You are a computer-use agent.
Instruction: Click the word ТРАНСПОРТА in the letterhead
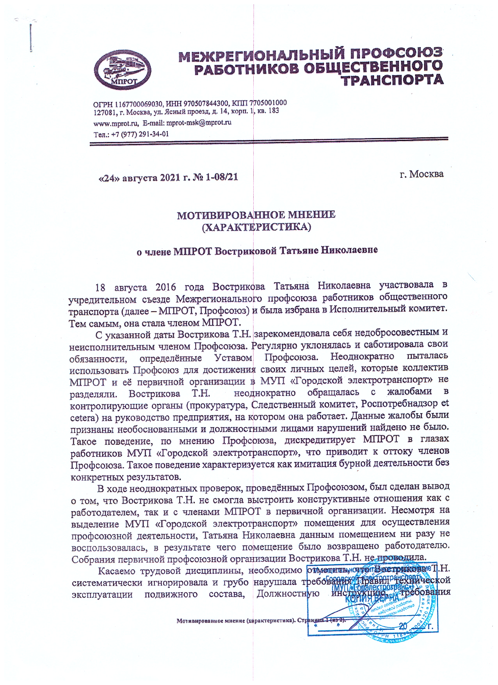tap(392, 80)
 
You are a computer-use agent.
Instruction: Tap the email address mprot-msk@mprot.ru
tap(199, 123)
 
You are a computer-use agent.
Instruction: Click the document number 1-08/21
tap(222, 177)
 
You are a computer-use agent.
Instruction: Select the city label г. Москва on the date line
tap(422, 174)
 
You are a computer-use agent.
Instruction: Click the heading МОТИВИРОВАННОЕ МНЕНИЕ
tap(256, 215)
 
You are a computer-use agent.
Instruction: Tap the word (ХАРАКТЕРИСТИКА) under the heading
tap(256, 227)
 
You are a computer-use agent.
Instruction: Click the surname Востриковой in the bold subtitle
tap(246, 251)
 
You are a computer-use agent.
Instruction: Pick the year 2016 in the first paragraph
tap(165, 287)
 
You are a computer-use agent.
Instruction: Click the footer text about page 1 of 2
tap(261, 620)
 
